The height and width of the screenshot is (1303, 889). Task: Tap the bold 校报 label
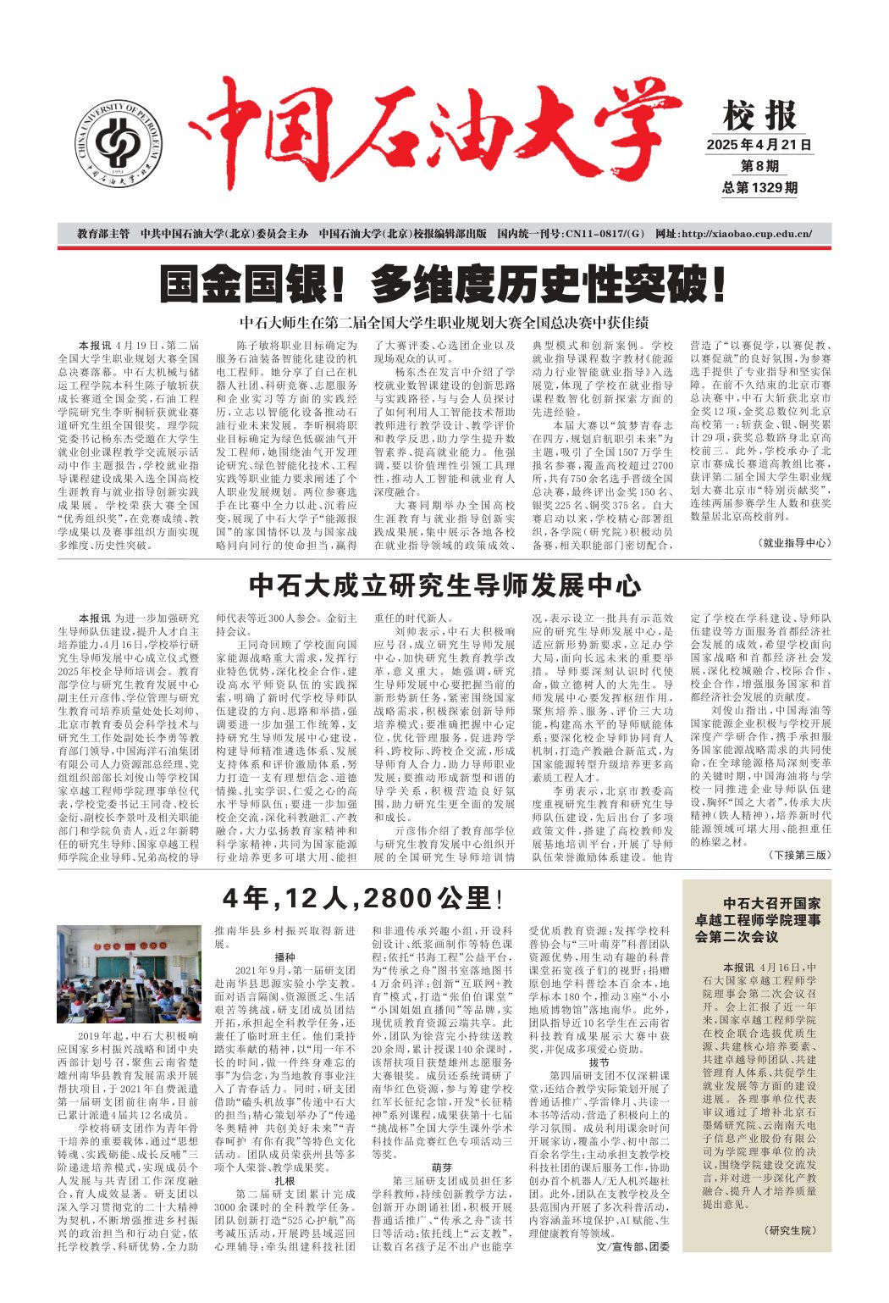tap(759, 115)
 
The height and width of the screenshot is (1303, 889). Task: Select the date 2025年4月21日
tap(759, 145)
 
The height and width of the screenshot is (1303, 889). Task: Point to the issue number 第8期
tap(759, 167)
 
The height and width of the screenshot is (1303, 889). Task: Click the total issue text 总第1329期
tap(759, 188)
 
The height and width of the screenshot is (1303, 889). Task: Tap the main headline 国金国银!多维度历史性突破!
tap(444, 285)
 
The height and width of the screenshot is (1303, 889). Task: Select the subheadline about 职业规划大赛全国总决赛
tap(444, 323)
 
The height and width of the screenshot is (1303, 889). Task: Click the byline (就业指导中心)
tap(793, 542)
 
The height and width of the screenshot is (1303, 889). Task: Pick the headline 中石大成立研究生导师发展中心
tap(445, 585)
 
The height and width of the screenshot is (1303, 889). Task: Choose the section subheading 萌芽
tap(441, 1166)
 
